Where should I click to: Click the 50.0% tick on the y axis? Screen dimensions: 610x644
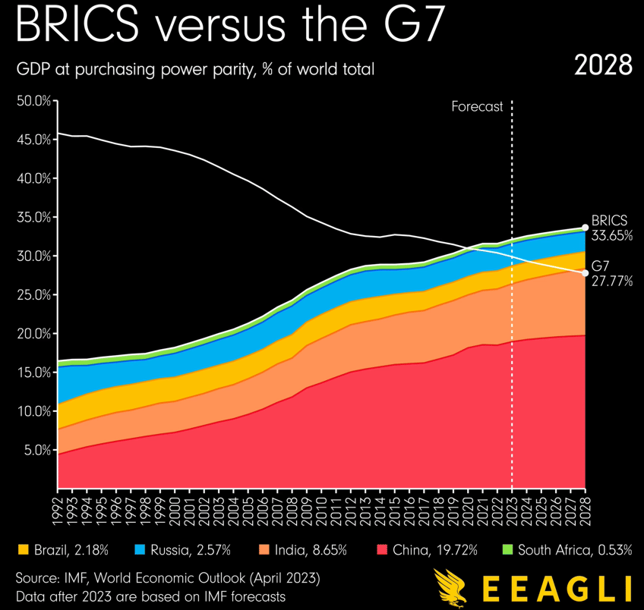tap(33, 101)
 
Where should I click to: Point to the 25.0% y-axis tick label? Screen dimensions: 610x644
tap(33, 295)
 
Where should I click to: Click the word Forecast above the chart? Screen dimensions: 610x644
tap(477, 107)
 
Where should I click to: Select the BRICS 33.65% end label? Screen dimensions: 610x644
tap(611, 228)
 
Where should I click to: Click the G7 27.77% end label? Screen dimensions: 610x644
tap(611, 274)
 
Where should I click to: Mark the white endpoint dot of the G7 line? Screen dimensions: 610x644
tap(585, 273)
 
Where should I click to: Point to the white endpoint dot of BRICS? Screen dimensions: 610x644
tap(585, 227)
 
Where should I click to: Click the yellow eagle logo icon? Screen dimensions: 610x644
tap(448, 588)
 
